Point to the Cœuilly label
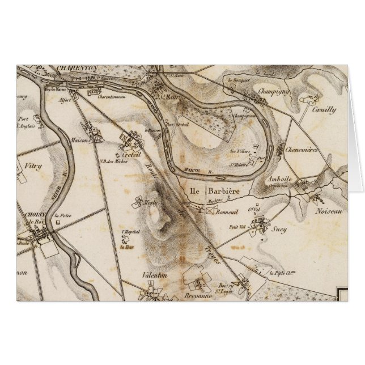[324, 111]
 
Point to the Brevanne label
[198, 296]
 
